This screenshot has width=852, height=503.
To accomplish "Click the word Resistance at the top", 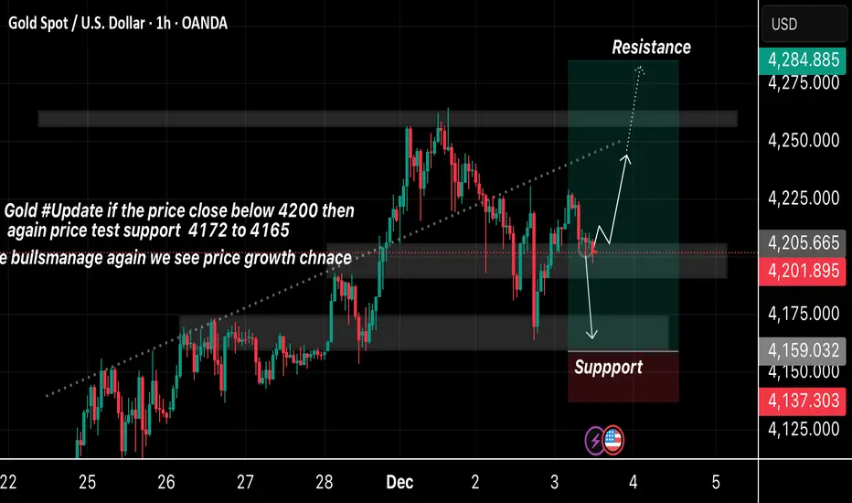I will click(651, 47).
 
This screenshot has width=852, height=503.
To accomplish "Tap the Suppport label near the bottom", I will click(608, 368).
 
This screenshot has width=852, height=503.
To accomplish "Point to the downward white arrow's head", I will click(593, 337).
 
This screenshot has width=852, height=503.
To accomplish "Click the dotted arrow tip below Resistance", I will click(641, 69).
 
